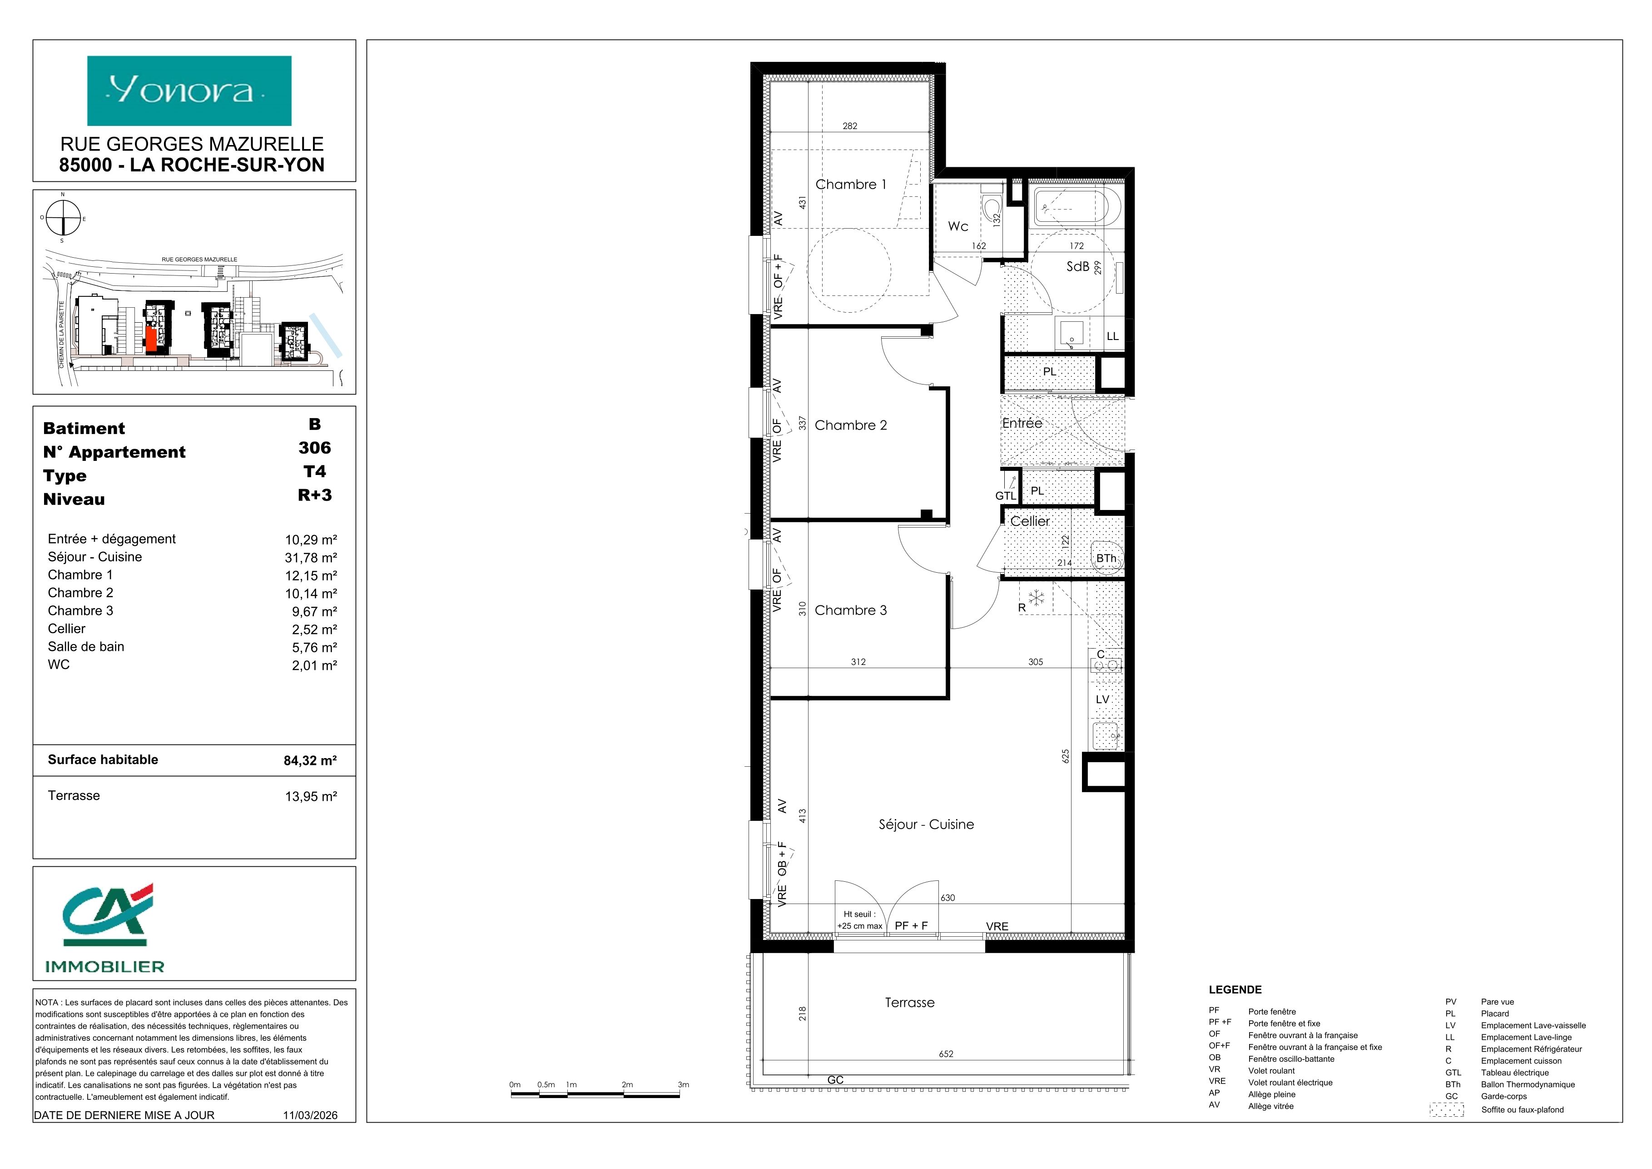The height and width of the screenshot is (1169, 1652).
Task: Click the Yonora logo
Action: [x=189, y=91]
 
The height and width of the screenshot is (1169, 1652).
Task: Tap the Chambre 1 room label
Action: [x=850, y=184]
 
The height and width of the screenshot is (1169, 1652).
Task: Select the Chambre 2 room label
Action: [x=850, y=425]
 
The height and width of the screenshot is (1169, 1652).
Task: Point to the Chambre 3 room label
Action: [x=850, y=610]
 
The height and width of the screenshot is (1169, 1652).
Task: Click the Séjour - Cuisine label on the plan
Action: [x=926, y=824]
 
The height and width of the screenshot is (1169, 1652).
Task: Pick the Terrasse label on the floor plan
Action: [x=909, y=1003]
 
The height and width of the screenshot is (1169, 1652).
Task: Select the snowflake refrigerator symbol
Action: [x=1036, y=598]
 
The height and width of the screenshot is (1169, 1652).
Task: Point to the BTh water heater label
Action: [x=1106, y=559]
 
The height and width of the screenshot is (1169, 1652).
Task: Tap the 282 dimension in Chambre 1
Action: [x=850, y=126]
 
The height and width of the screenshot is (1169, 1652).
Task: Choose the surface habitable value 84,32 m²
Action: [x=310, y=760]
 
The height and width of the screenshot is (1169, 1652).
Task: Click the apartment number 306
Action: [x=314, y=448]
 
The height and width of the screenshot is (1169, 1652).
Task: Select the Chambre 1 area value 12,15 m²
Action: [x=311, y=576]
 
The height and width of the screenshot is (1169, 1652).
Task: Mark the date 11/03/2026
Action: [x=310, y=1115]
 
